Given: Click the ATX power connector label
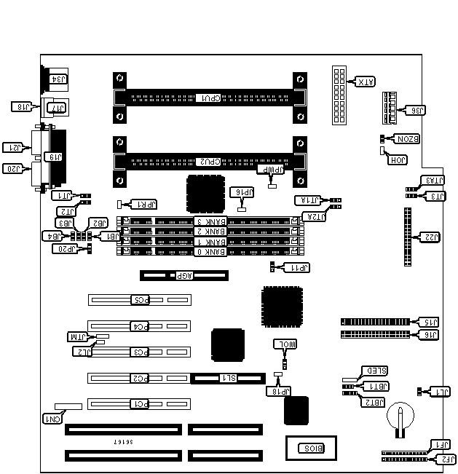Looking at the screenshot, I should pyautogui.click(x=363, y=82).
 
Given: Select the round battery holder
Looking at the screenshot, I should pyautogui.click(x=399, y=417).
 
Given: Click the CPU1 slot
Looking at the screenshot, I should pyautogui.click(x=210, y=98).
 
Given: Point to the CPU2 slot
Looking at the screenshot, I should pyautogui.click(x=210, y=161).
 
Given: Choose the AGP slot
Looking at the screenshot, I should pyautogui.click(x=184, y=276).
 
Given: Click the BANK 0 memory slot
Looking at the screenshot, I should pyautogui.click(x=209, y=252).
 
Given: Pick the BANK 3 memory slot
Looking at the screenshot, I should pyautogui.click(x=209, y=221).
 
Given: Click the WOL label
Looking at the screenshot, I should pyautogui.click(x=285, y=344).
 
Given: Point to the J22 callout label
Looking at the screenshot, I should pyautogui.click(x=430, y=237).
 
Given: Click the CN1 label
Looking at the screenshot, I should pyautogui.click(x=51, y=419).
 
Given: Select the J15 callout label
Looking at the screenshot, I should pyautogui.click(x=430, y=322).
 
